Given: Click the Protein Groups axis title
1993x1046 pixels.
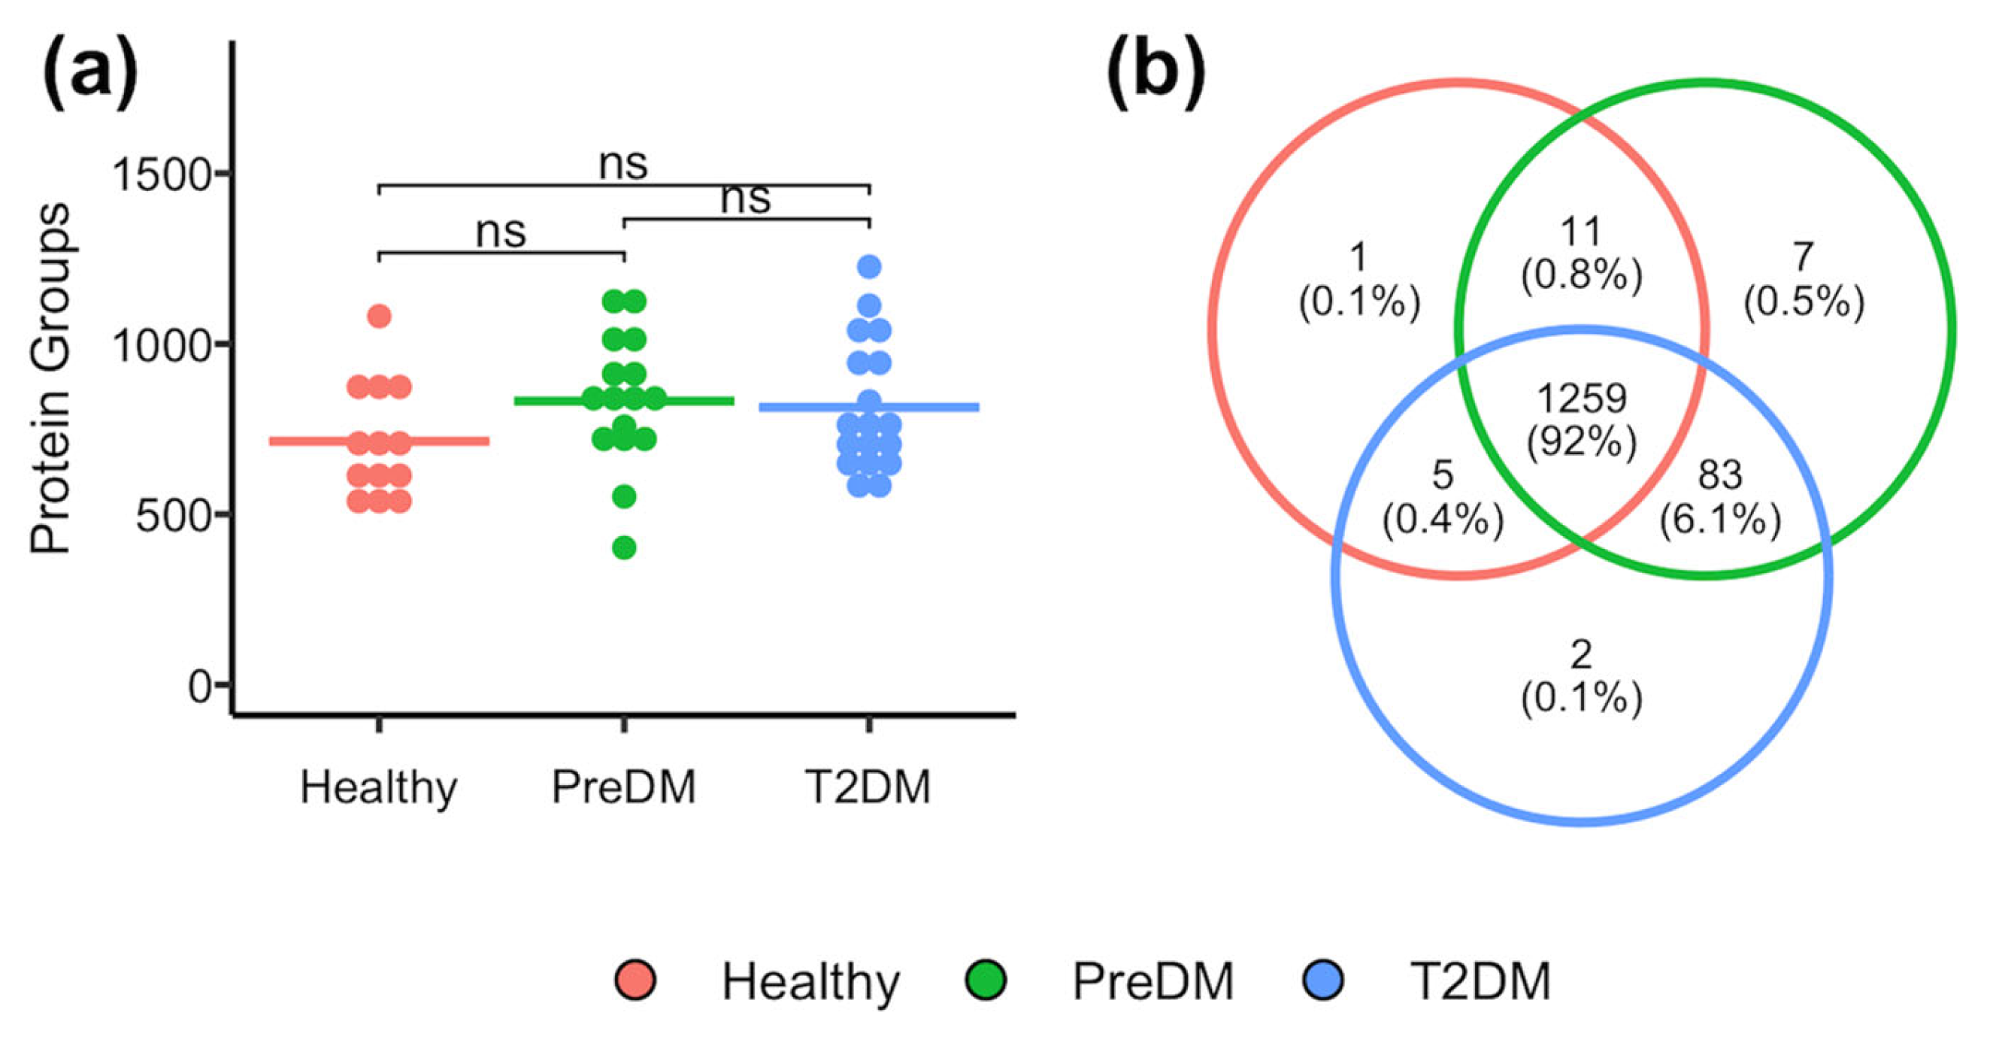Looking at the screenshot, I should pos(51,379).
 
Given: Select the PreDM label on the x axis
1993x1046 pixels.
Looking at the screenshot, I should pos(623,787).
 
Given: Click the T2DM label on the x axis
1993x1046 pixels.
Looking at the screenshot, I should pos(868,787).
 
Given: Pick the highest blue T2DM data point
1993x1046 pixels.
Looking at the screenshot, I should pos(869,267).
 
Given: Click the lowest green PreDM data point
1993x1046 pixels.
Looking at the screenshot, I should pos(624,547).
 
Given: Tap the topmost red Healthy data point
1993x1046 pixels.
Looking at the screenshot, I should pos(379,316).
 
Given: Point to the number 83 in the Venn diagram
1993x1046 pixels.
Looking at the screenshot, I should pos(1720,474).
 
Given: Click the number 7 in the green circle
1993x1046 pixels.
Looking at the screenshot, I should pos(1803,256).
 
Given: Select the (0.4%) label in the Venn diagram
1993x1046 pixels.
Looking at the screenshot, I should pos(1443,519).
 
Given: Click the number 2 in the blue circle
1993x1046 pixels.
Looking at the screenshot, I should pos(1580,654).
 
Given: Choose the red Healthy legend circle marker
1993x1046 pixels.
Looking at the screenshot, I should pos(635,981).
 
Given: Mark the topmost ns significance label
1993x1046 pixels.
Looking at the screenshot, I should pos(622,164).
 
